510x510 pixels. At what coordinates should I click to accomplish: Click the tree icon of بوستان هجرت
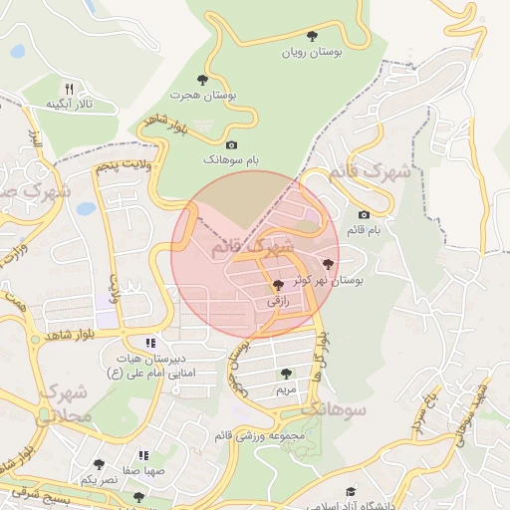pos(203,78)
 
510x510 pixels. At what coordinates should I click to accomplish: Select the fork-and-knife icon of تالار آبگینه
pos(69,88)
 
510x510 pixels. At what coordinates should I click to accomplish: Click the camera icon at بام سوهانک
pos(231,144)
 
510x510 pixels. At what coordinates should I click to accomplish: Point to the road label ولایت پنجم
pos(123,165)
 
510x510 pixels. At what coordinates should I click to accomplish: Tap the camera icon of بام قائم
pos(363,214)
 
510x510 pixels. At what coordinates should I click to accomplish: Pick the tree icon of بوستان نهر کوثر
pos(330,264)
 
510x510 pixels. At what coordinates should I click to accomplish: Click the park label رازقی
pos(278,298)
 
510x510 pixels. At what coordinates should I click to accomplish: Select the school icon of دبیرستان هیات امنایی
pos(151,343)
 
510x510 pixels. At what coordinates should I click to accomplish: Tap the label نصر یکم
pos(99,480)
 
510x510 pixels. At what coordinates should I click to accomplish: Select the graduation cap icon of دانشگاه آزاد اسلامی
pos(350,492)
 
